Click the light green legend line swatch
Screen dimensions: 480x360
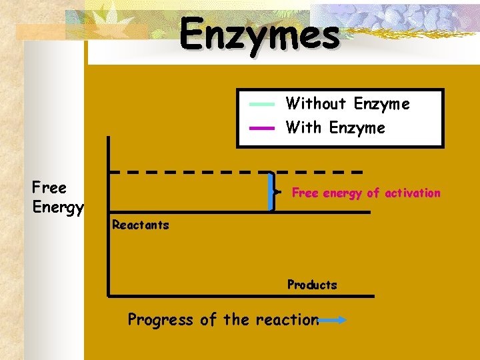point(262,104)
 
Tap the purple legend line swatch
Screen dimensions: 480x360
point(262,127)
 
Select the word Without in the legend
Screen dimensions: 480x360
point(315,104)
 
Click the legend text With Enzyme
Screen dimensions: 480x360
point(335,127)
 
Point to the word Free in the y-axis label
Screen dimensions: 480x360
point(49,187)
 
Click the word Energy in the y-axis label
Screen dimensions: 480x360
point(58,207)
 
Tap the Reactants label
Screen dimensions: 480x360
point(141,225)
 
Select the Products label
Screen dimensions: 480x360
point(312,285)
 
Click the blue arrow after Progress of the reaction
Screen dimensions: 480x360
point(333,321)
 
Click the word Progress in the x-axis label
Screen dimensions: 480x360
point(161,320)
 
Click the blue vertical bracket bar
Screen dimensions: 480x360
point(271,192)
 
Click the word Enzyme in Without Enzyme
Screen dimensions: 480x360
point(381,104)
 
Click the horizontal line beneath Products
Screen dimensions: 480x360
point(240,296)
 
